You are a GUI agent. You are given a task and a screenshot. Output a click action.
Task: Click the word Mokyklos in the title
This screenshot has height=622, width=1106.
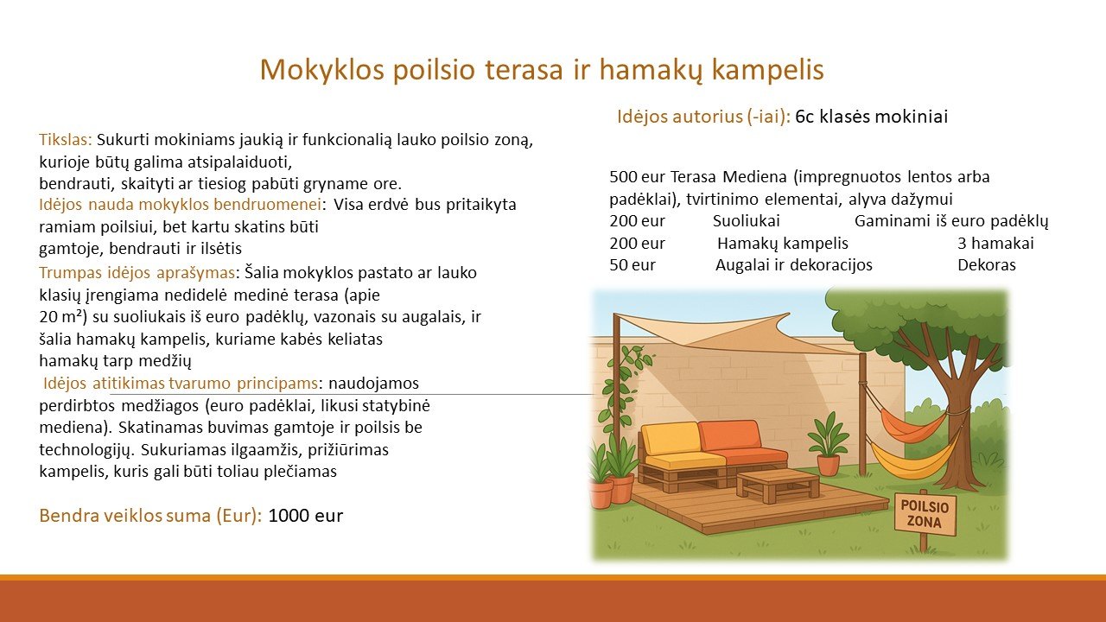click(x=322, y=70)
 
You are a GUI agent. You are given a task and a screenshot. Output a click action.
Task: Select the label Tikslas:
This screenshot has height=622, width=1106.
click(x=66, y=140)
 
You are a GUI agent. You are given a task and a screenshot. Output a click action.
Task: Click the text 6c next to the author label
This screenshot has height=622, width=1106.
click(x=804, y=117)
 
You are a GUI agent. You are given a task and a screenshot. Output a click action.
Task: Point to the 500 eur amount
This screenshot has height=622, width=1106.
click(x=638, y=177)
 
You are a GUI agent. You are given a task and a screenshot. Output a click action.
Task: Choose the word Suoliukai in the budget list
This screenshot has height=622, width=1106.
click(x=746, y=221)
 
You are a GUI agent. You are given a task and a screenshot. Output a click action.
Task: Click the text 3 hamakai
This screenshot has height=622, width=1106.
click(x=995, y=244)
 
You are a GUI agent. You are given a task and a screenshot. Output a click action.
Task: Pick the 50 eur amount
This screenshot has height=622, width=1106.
click(x=632, y=265)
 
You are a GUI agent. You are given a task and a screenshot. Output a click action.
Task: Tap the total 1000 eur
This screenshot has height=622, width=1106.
click(x=306, y=516)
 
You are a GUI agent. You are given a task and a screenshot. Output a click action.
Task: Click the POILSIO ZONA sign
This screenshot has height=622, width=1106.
click(x=925, y=514)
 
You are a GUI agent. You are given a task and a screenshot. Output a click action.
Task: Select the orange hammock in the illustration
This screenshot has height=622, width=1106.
click(x=912, y=424)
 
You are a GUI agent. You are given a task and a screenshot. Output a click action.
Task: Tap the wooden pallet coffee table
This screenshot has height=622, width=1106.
click(x=778, y=485)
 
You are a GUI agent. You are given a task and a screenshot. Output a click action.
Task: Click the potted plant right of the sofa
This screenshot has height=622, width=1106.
click(x=828, y=443)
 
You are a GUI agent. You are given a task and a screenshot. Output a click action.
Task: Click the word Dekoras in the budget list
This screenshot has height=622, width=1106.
click(x=987, y=265)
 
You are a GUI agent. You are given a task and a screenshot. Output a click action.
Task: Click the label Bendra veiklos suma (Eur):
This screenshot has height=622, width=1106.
click(x=150, y=516)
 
